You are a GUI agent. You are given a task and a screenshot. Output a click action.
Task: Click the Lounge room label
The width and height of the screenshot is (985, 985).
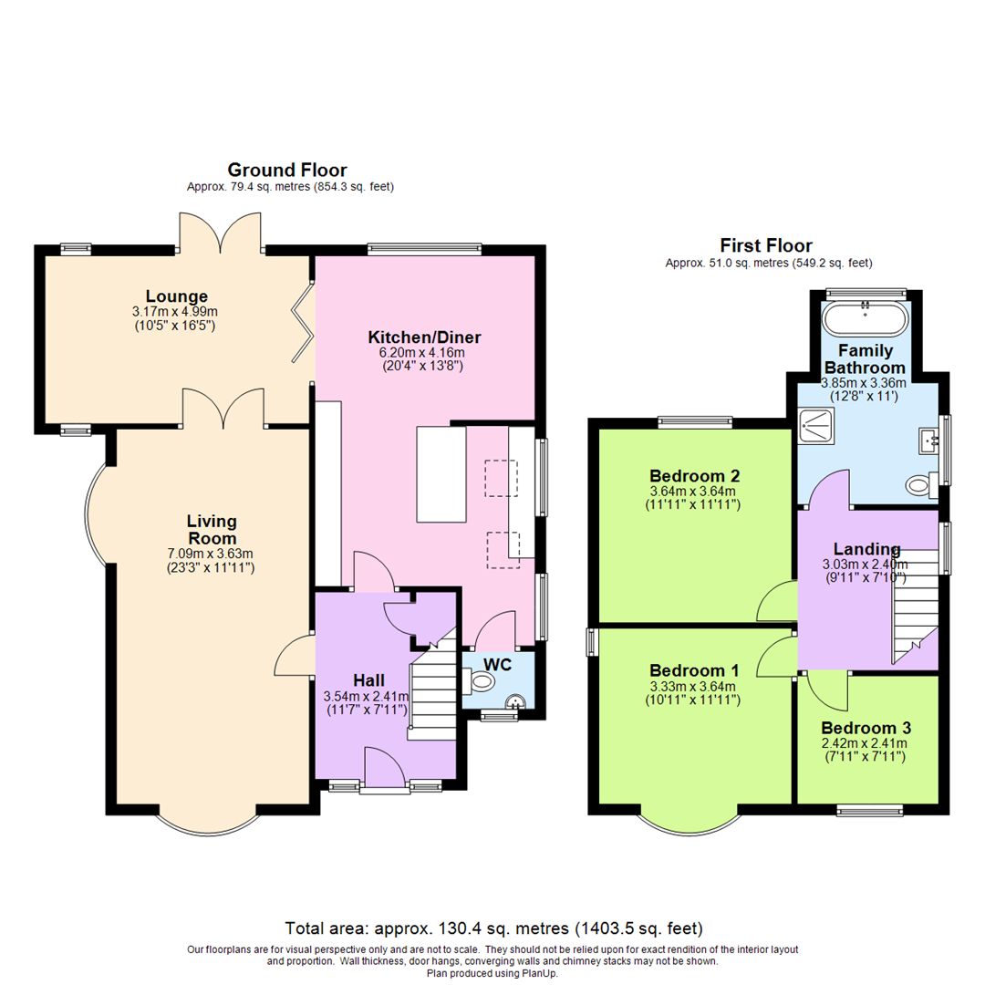177,296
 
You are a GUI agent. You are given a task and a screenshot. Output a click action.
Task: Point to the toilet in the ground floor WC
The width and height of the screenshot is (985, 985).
479,680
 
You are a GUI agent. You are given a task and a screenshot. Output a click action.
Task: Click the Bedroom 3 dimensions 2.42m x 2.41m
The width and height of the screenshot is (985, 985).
866,743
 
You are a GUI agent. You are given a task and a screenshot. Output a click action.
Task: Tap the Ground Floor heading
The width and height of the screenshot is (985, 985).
286,170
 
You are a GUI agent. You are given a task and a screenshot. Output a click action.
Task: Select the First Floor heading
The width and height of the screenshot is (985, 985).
766,245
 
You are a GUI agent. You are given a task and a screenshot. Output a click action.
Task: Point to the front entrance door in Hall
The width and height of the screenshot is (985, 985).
384,766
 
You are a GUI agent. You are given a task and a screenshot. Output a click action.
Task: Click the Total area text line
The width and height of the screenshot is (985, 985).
493,928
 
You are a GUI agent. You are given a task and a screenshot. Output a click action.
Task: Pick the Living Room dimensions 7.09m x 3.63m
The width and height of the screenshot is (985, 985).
212,553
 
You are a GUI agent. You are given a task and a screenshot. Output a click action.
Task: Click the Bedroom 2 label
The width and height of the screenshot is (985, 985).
694,476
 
